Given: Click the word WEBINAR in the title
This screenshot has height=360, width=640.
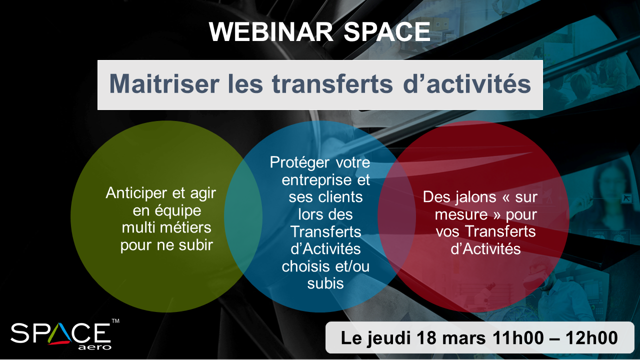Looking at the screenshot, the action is click(x=271, y=31).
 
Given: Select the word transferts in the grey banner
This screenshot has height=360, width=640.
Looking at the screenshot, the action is click(x=332, y=83).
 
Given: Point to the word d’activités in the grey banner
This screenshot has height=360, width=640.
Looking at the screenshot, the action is click(x=467, y=83).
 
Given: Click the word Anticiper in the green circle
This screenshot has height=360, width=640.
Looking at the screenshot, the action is click(x=136, y=193).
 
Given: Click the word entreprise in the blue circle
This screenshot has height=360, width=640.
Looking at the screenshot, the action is click(x=316, y=180).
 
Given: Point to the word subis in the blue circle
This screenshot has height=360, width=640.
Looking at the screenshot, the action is click(x=325, y=283).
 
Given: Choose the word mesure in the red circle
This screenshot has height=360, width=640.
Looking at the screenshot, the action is click(x=461, y=214).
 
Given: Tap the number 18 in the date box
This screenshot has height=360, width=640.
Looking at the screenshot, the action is click(x=426, y=337).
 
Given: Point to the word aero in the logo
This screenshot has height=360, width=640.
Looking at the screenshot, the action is click(x=94, y=347).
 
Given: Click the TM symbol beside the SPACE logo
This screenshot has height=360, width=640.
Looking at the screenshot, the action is click(x=115, y=321).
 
